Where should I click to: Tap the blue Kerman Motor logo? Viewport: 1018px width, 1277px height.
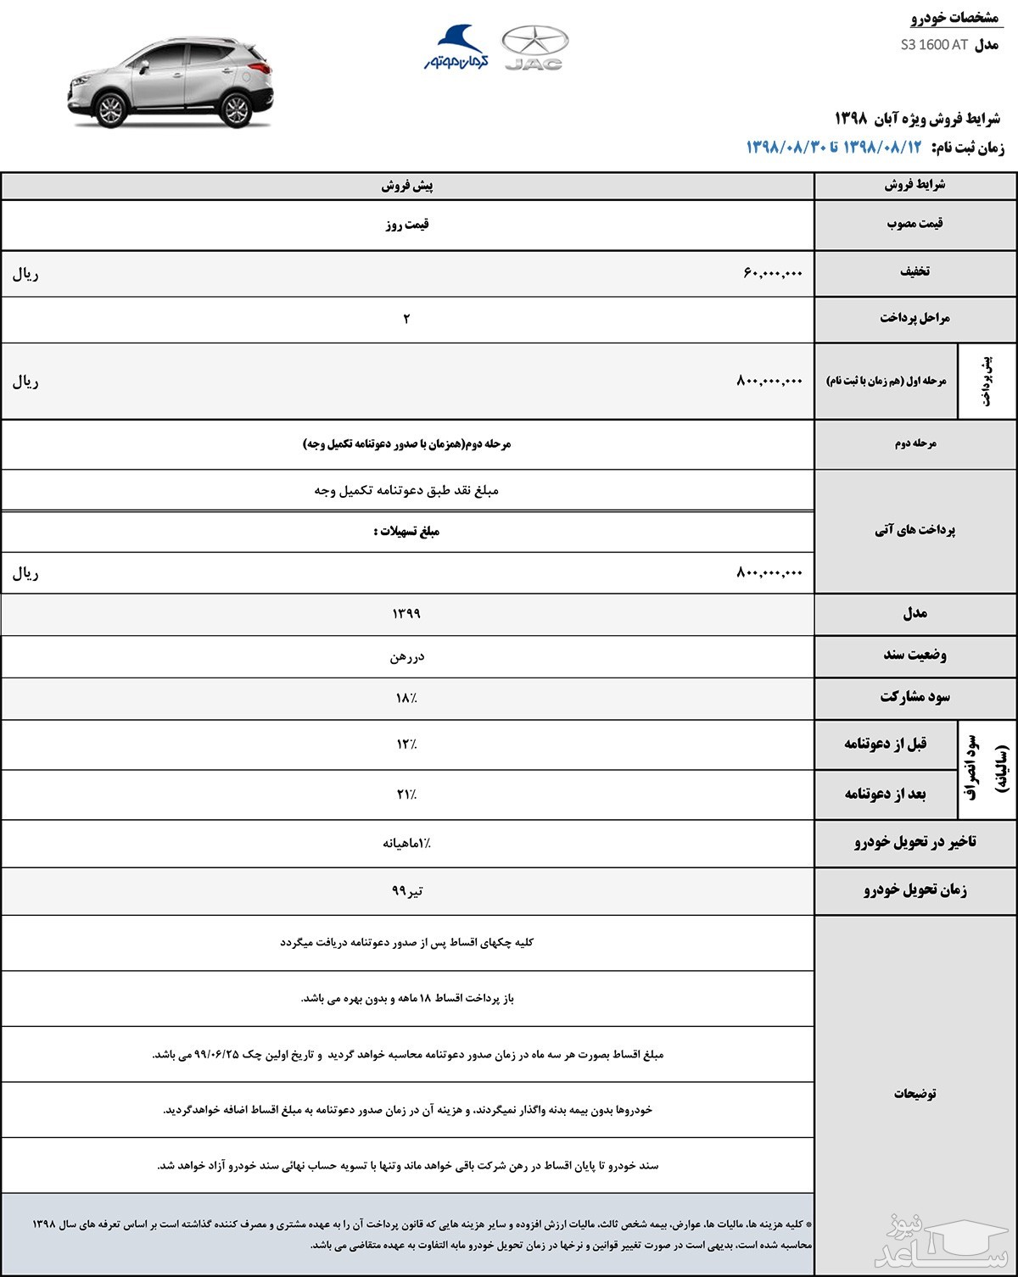click(x=456, y=47)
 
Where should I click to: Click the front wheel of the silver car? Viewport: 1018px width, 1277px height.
click(x=112, y=109)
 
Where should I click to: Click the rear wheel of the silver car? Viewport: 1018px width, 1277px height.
click(x=235, y=109)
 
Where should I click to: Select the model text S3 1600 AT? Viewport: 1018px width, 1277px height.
click(x=934, y=45)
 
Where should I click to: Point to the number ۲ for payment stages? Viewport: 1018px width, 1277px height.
click(x=406, y=319)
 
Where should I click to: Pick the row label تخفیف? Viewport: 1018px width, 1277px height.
click(x=915, y=271)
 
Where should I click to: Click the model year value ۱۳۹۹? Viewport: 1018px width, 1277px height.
click(x=406, y=613)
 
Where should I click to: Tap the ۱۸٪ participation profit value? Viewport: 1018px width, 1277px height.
click(x=406, y=698)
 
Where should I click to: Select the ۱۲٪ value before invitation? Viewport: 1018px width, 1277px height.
click(x=406, y=744)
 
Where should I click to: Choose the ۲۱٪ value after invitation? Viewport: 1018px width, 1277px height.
click(x=406, y=795)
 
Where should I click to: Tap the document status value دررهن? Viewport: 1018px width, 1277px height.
click(x=407, y=656)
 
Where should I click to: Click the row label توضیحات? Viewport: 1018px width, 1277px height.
click(x=915, y=1094)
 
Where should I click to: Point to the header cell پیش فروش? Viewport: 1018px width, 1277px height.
click(x=407, y=186)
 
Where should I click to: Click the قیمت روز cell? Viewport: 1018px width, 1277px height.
click(x=407, y=225)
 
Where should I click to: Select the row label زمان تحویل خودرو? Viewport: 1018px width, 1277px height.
click(x=915, y=889)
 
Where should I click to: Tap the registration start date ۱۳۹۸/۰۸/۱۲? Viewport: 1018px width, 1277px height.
click(x=882, y=147)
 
